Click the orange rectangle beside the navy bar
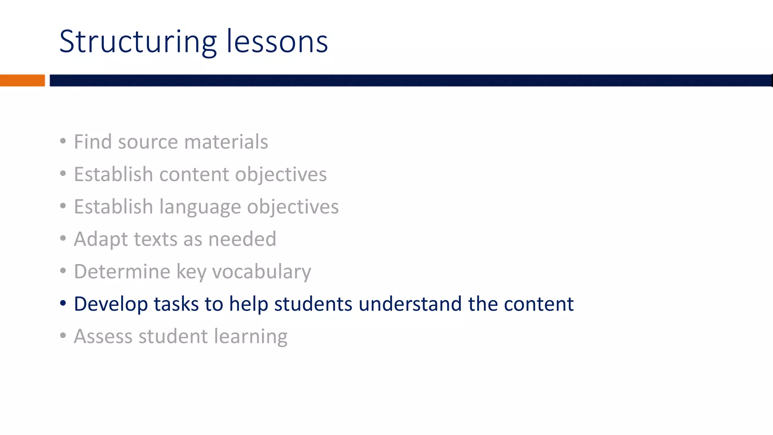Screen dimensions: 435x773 22,80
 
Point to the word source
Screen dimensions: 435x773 148,142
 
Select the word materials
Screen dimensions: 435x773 226,142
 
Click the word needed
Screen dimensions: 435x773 242,239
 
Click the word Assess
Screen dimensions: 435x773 103,337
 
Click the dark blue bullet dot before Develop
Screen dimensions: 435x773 63,303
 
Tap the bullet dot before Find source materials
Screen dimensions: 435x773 63,141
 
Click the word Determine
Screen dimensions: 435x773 122,272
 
